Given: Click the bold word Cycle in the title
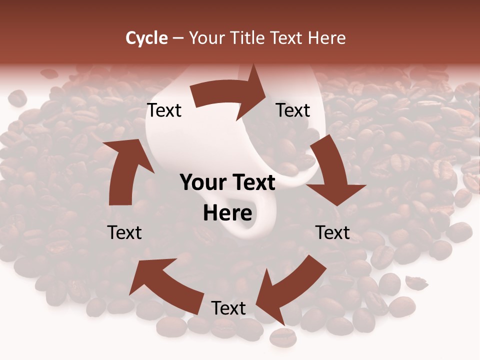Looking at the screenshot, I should [146, 37].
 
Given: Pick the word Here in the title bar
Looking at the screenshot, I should [327, 37].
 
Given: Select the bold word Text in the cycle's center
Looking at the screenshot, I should [252, 183].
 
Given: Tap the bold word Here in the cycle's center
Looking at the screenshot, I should [227, 213].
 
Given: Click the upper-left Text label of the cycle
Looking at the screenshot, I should [164, 110].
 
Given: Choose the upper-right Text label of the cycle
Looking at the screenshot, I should [293, 110].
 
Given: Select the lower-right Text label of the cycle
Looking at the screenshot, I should [332, 232].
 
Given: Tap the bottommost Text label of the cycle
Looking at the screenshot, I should [228, 308].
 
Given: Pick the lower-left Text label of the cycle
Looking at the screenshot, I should [124, 232].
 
